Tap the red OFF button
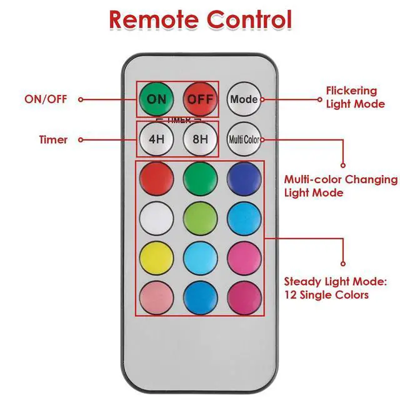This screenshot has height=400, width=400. coord(200,99)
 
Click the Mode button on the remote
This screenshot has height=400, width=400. coord(244,99)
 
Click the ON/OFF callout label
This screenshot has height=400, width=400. coord(45,99)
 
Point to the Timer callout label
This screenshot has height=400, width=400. coord(54,139)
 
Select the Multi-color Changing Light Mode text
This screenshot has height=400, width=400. coord(341,186)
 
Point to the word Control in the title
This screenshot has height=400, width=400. coord(251,19)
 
